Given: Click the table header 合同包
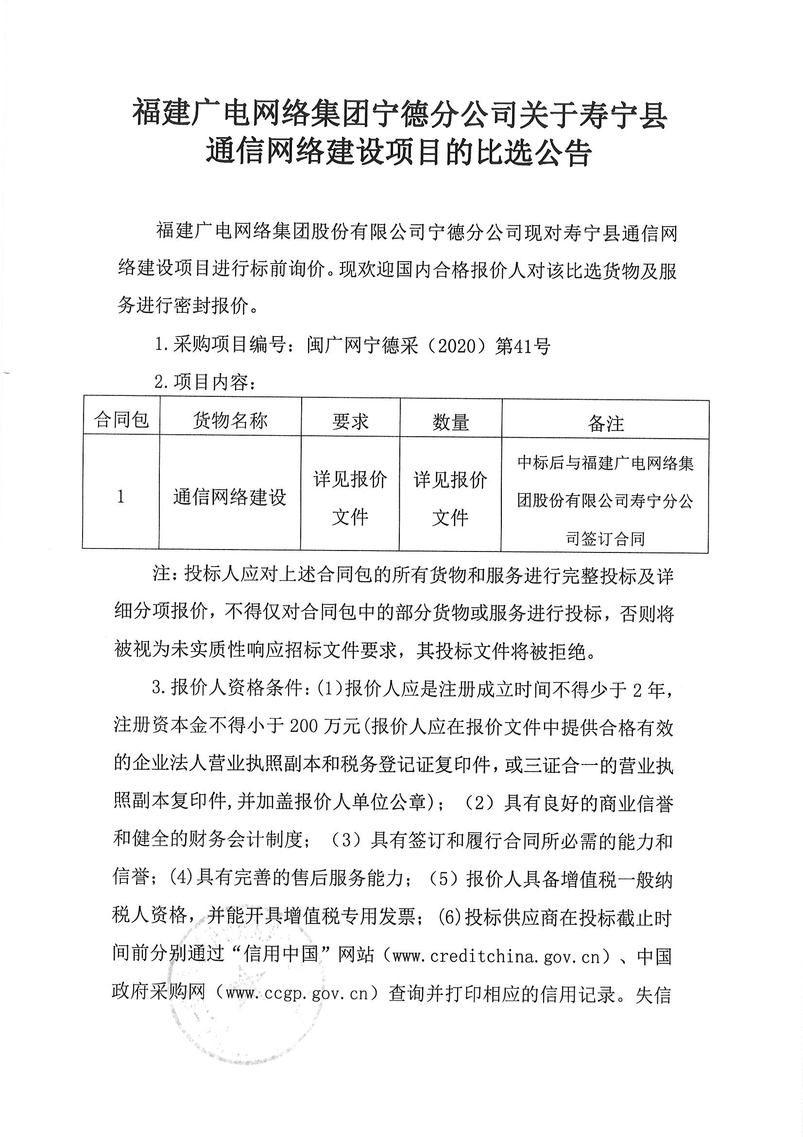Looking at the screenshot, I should (121, 420).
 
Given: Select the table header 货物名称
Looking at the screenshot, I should (230, 421).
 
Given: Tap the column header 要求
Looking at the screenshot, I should (350, 422).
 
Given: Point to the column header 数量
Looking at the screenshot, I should (450, 423).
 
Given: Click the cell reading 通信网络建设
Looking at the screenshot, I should (230, 497).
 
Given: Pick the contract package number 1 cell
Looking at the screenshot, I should (121, 497).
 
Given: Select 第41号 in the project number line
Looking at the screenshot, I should (523, 346).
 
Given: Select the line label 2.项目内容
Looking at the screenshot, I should (204, 383).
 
